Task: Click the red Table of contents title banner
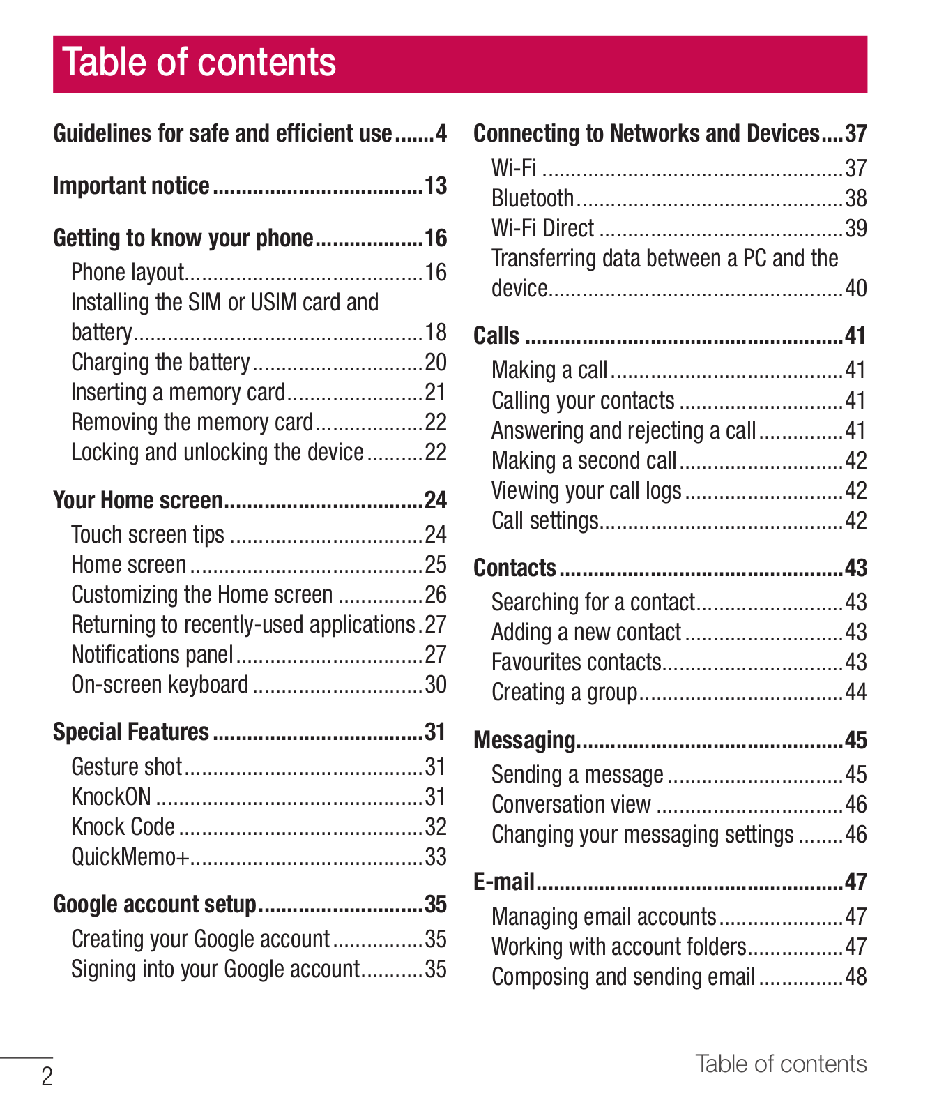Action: (x=460, y=64)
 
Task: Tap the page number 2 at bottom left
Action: (x=47, y=1077)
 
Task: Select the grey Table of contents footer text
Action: (x=781, y=1064)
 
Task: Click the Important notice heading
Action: (x=132, y=186)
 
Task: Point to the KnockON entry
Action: (x=112, y=797)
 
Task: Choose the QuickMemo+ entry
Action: (x=130, y=857)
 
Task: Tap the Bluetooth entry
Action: (x=533, y=199)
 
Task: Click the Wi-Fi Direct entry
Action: (x=543, y=229)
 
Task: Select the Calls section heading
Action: (x=496, y=336)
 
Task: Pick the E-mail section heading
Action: (x=504, y=882)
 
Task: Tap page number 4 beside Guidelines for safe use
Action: (x=441, y=133)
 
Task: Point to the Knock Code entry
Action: (x=123, y=827)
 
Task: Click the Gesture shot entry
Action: (x=127, y=767)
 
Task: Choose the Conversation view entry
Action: (x=571, y=805)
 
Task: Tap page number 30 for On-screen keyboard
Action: (x=436, y=685)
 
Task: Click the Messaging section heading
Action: (x=525, y=740)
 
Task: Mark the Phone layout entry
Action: (x=128, y=272)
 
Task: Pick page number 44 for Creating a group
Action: (x=855, y=693)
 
